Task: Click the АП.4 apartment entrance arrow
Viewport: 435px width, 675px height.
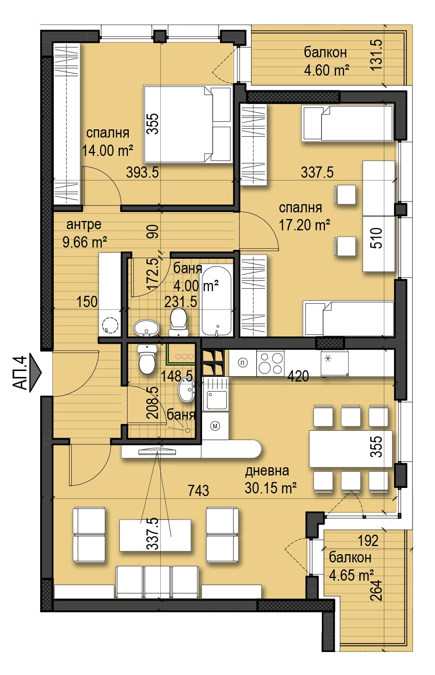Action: click(x=35, y=373)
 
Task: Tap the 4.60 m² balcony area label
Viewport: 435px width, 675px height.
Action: click(x=327, y=70)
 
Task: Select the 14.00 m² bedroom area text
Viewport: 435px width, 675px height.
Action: click(x=108, y=150)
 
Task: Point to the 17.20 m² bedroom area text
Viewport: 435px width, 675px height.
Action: click(x=304, y=225)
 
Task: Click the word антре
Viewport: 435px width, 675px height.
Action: click(x=84, y=224)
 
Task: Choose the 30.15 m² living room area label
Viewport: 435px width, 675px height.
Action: click(x=271, y=488)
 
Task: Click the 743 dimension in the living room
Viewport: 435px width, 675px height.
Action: click(x=198, y=491)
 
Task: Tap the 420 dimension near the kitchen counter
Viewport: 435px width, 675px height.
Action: click(x=298, y=376)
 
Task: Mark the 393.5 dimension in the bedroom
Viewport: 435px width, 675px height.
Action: click(x=142, y=172)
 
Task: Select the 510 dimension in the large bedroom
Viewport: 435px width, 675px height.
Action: click(x=376, y=239)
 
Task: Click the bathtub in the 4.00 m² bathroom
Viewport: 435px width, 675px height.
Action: click(x=217, y=301)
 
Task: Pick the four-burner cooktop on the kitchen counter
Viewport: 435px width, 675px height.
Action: click(x=270, y=363)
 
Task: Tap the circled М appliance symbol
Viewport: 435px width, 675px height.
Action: click(x=215, y=426)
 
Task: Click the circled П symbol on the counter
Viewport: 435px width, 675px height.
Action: click(x=243, y=363)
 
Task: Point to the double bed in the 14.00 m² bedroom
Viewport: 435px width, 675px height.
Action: click(x=188, y=124)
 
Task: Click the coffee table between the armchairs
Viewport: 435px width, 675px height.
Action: click(x=155, y=535)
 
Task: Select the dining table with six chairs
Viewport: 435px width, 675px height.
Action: click(x=351, y=449)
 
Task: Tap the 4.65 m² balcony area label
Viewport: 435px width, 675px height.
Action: click(x=352, y=575)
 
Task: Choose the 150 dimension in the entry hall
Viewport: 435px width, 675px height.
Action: click(x=87, y=302)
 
